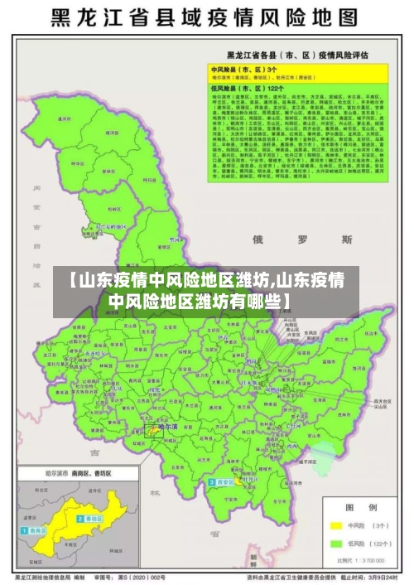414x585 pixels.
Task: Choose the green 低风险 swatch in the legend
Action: point(336,544)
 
